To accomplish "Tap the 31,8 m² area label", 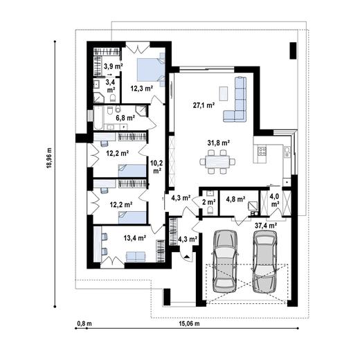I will point(219,143).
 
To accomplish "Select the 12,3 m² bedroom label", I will point(141,89).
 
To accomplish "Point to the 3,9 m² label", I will point(113,66).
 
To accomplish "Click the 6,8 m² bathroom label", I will point(125,118).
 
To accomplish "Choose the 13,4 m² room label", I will point(134,237).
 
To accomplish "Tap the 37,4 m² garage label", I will point(266,225).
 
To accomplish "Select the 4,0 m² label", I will point(275,201).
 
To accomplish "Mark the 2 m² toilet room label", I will point(208,203).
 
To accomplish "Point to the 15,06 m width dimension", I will point(188,323).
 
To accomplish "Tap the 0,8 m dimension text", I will point(84,323).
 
